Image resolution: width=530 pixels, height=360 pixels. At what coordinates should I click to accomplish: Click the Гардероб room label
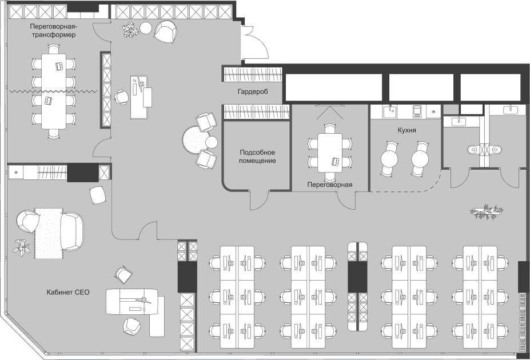253,92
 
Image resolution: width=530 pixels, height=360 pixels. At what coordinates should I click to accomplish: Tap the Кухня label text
407,130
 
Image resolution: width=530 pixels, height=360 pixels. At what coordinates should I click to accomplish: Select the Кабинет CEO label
68,292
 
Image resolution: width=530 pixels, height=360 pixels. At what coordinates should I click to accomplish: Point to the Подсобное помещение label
257,157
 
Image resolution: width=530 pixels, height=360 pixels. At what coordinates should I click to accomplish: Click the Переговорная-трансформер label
53,30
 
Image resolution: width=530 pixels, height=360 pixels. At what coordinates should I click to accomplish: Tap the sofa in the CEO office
72,231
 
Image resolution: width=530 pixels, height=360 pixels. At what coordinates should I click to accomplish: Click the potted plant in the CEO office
22,247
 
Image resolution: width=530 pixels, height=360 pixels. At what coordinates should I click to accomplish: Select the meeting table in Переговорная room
330,153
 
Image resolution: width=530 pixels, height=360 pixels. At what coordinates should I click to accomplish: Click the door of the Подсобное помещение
259,200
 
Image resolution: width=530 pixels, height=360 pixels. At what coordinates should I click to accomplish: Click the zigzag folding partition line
53,91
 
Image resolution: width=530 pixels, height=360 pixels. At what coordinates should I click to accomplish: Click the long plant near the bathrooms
487,211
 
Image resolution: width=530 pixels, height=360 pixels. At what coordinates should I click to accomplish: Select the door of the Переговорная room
346,200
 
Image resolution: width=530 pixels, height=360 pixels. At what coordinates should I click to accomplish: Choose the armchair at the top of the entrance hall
166,31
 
